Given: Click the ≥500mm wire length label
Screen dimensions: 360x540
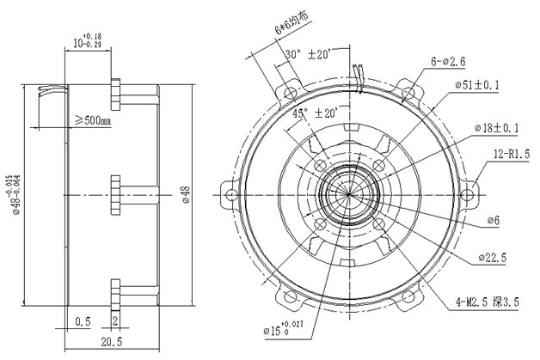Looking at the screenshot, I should point(94,121).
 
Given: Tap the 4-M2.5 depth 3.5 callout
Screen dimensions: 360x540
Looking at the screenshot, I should point(489,303).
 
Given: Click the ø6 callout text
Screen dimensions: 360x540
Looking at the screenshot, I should point(493,221).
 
